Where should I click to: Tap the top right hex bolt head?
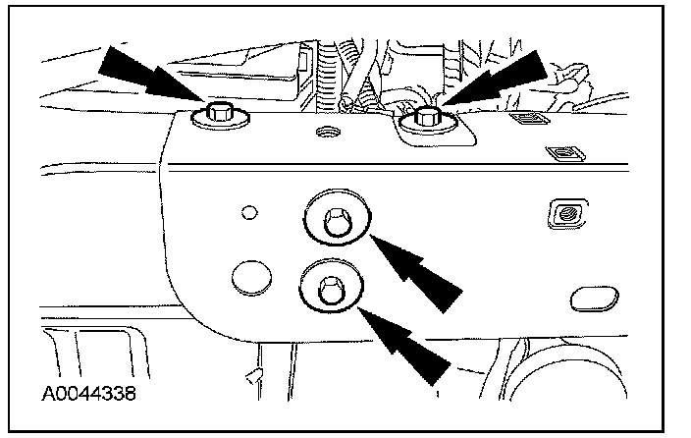click(427, 117)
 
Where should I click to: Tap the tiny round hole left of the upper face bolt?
click(248, 210)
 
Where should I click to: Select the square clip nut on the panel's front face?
click(564, 212)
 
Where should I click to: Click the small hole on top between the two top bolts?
click(325, 130)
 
